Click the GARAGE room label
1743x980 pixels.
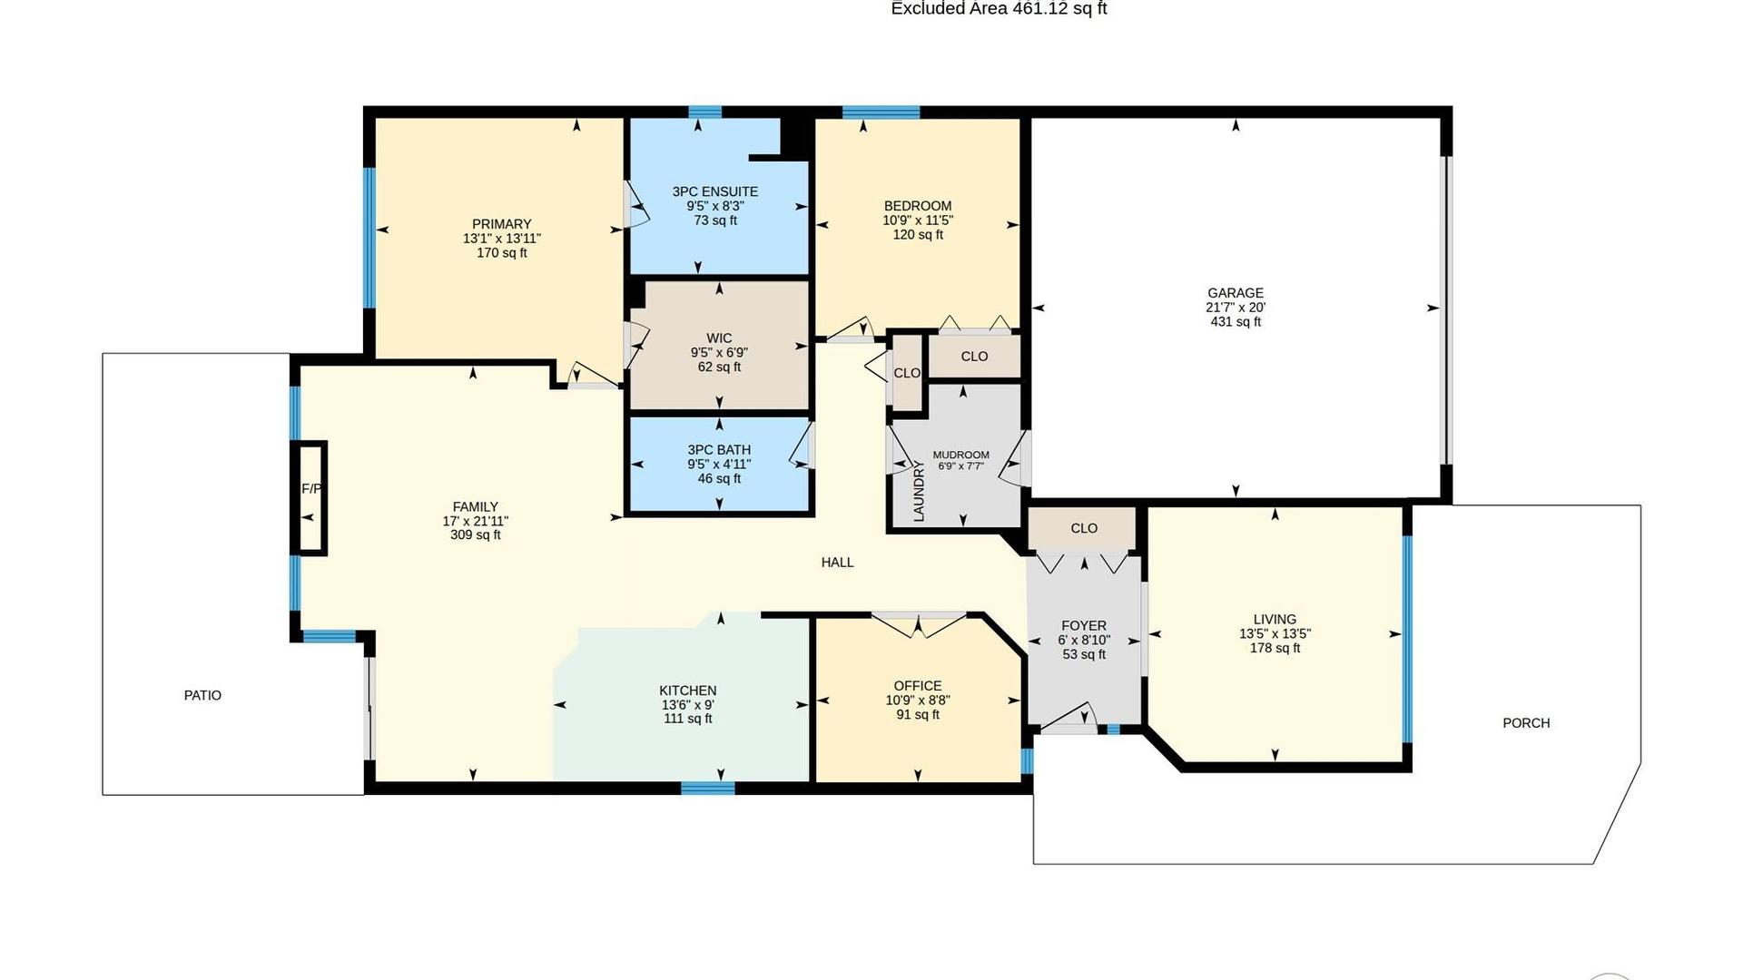pos(1235,293)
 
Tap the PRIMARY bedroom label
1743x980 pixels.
pos(501,224)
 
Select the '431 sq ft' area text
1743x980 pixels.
pos(1235,322)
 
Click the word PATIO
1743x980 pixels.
pos(202,695)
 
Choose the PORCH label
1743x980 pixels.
pos(1526,723)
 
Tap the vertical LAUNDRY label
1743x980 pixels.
pos(919,491)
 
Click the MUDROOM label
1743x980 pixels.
pos(960,455)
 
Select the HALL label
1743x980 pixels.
pos(837,563)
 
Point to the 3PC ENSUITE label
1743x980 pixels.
pos(715,191)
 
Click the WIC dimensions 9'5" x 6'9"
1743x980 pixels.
pos(719,353)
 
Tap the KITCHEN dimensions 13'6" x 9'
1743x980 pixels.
pos(687,705)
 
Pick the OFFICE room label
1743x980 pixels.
pos(918,686)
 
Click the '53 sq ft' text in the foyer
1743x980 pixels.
pos(1084,654)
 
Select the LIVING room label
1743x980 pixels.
pos(1275,620)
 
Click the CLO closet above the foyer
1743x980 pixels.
pos(1084,528)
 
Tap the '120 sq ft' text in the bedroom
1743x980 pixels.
pos(918,235)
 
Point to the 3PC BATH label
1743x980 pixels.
pos(719,450)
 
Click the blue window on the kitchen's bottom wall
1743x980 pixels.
pos(708,788)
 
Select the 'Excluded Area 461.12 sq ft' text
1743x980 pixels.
pos(999,9)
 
